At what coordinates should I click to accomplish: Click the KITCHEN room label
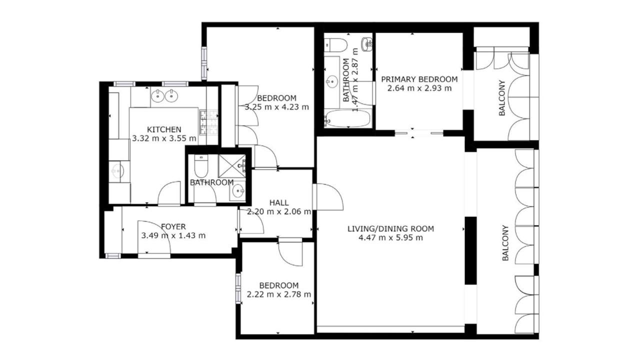coord(164,129)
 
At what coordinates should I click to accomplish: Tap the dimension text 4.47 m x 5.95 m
coord(390,237)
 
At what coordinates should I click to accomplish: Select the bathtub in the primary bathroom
coord(348,118)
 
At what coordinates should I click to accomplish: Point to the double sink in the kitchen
coord(164,95)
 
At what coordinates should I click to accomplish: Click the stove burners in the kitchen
coord(208,122)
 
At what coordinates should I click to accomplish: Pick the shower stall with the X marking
coord(231,166)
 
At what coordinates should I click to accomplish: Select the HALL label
coord(279,203)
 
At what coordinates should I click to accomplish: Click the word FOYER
coord(173,227)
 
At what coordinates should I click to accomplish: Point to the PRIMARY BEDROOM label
coord(419,79)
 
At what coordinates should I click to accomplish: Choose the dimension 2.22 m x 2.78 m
coord(279,294)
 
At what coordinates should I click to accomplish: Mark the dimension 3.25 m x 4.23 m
coord(277,107)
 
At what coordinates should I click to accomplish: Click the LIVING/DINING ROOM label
coord(390,229)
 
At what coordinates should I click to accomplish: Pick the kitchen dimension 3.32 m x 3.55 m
coord(164,138)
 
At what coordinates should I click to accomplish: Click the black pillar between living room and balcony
coord(470,250)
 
